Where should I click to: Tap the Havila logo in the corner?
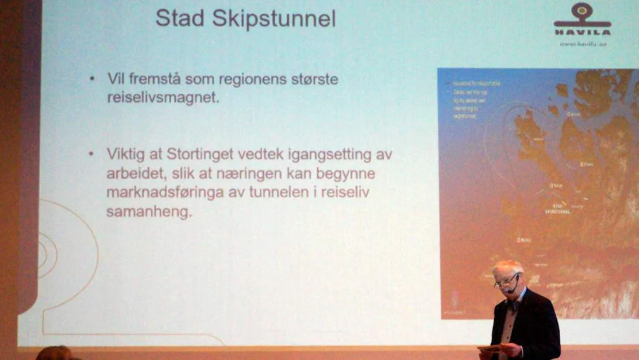tap(582, 20)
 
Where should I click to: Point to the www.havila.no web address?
tap(583, 44)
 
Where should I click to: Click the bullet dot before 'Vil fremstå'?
tap(92, 79)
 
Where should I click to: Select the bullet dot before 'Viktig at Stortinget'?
tap(91, 154)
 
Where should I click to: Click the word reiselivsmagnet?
tap(163, 98)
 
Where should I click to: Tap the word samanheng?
tap(148, 212)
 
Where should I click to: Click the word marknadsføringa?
tap(165, 193)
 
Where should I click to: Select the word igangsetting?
tap(321, 154)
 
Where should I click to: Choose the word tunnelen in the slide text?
tap(276, 193)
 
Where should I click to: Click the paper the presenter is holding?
tap(490, 348)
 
